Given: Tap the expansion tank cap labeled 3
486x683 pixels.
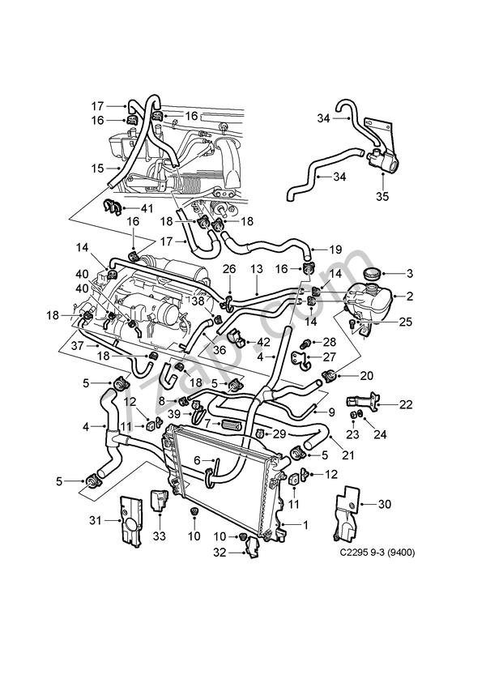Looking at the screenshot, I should pyautogui.click(x=373, y=273).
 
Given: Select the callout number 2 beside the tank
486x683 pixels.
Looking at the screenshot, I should pyautogui.click(x=410, y=297).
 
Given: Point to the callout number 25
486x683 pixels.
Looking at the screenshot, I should pyautogui.click(x=405, y=322).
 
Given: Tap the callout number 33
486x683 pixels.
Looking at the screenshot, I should pyautogui.click(x=159, y=536).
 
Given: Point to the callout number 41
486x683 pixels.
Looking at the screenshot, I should pyautogui.click(x=147, y=208).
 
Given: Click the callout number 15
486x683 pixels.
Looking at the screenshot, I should pyautogui.click(x=97, y=169).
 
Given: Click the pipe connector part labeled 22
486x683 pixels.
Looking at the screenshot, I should pyautogui.click(x=360, y=399).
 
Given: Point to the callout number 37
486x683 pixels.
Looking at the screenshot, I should pyautogui.click(x=77, y=345).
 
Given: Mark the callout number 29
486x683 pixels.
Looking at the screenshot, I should pyautogui.click(x=280, y=435).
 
